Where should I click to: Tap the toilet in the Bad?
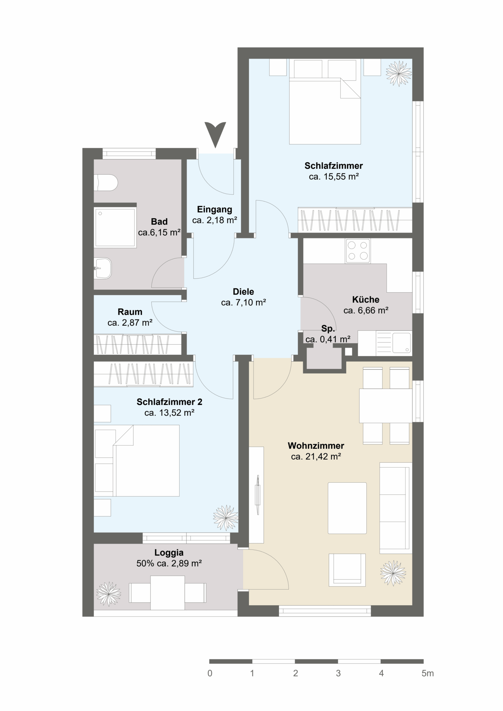106,183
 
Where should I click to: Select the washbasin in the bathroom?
103,268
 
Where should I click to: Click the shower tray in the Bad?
115,227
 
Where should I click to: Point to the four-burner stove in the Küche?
358,251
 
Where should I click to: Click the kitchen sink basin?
402,343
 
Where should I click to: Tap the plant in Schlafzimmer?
399,73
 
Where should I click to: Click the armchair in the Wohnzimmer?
347,570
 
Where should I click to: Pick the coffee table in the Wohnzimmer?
347,508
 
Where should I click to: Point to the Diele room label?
244,291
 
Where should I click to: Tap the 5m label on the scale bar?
427,680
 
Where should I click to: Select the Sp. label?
328,328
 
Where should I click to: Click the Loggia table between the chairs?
167,593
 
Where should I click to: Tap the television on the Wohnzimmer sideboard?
257,495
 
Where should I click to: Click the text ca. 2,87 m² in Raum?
130,323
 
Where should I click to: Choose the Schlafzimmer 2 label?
169,402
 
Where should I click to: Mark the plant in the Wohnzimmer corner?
393,573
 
